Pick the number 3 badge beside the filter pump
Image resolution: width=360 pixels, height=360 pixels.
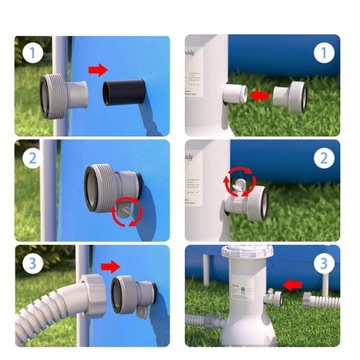[x=321, y=265]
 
